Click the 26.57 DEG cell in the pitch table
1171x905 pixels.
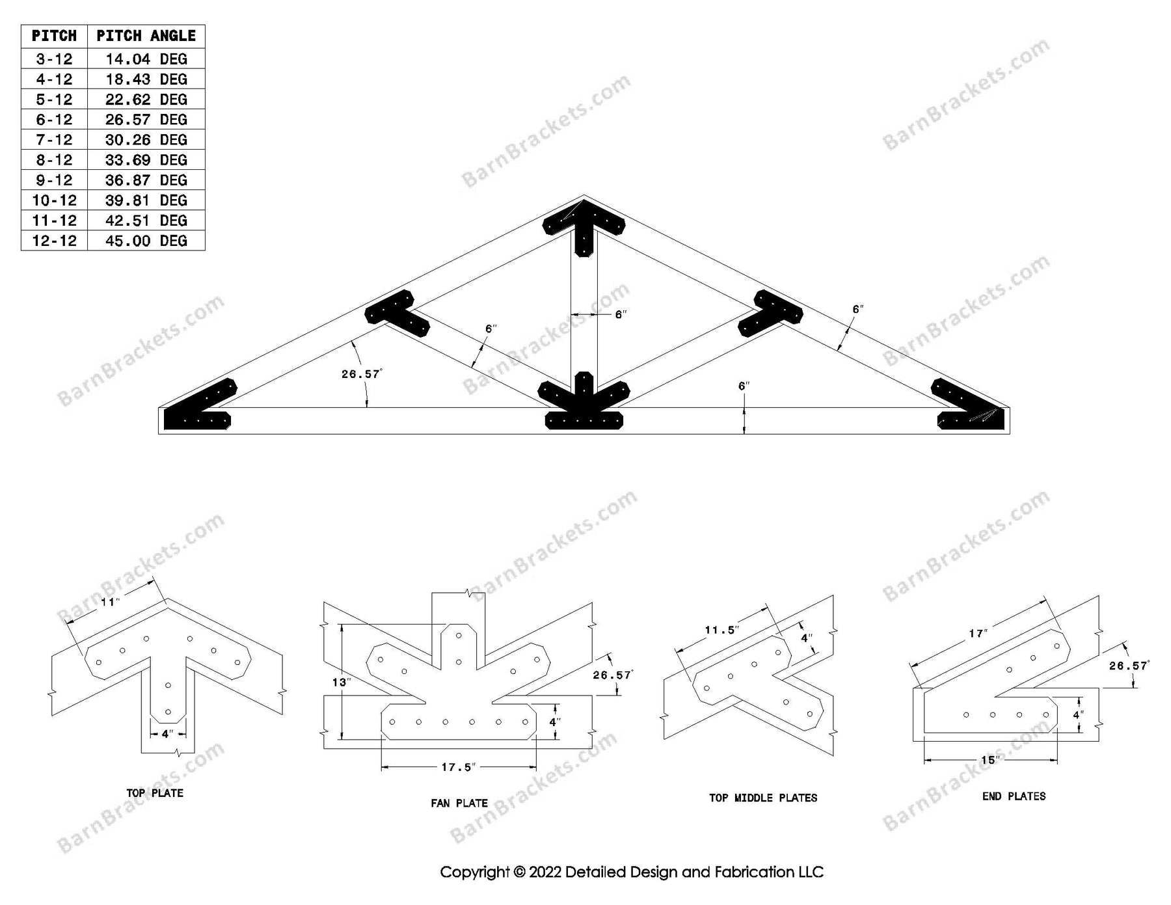tap(146, 120)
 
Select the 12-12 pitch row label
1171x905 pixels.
tap(54, 241)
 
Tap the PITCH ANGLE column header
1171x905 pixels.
tap(146, 36)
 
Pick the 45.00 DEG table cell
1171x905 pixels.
tap(146, 241)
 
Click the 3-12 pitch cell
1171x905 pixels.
tap(54, 59)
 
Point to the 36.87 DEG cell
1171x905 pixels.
tap(146, 180)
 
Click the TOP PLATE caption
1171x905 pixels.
tap(155, 793)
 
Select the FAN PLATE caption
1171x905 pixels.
tap(459, 804)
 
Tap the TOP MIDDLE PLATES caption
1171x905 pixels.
tap(763, 798)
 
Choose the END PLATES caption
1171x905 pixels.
tap(1014, 796)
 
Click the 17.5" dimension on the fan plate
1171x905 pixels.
tap(459, 768)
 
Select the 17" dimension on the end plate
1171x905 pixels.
tap(978, 634)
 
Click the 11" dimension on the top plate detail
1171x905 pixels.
tap(110, 602)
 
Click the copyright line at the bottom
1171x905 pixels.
tap(631, 872)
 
